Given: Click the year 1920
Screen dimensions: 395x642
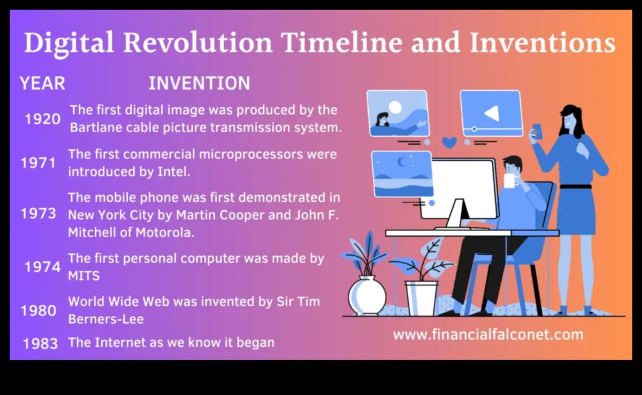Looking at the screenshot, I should point(43,119).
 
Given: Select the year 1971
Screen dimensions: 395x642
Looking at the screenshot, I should point(39,163).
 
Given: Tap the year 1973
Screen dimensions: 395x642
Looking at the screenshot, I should point(39,214).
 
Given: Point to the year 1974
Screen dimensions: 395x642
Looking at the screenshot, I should point(43,267).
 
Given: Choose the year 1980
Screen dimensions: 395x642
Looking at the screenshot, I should point(39,310).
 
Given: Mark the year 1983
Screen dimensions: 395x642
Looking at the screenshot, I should point(41,343).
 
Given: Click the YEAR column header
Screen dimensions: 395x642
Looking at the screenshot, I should point(42,83).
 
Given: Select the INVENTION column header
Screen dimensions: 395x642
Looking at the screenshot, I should point(199,83).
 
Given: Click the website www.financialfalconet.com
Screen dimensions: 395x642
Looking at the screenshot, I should point(488,335).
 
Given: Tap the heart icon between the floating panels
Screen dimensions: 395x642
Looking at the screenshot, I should point(450,142).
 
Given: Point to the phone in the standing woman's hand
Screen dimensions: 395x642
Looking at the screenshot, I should point(537,130).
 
